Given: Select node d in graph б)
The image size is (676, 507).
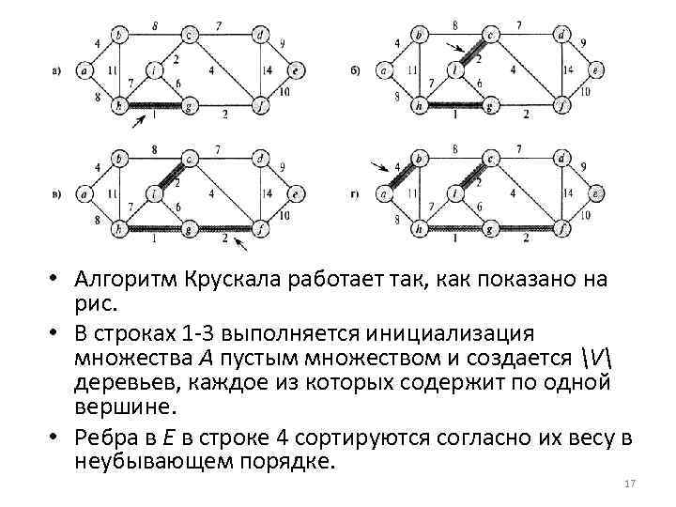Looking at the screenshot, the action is [x=560, y=36].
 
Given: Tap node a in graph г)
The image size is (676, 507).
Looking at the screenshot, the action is [x=384, y=194].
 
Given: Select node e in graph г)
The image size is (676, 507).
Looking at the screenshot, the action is [x=595, y=194].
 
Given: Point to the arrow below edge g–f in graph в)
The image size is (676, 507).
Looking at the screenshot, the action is [x=242, y=246].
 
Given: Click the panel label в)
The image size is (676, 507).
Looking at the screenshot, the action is [x=58, y=194].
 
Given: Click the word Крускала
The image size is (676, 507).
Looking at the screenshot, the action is [x=214, y=279].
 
